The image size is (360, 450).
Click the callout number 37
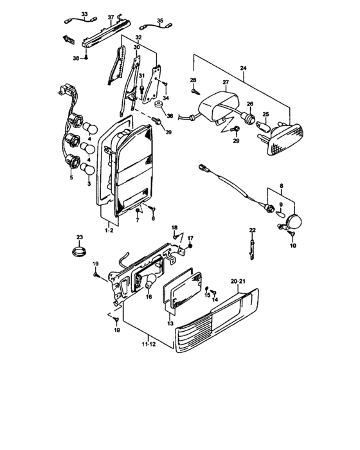111,17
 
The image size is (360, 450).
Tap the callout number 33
84,14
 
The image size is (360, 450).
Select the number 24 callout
243,68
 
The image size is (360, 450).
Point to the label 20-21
238,282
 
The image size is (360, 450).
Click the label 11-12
148,344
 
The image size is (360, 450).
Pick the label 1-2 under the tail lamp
109,230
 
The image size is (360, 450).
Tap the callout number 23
80,237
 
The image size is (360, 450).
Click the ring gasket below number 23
79,252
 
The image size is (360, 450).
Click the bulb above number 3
87,169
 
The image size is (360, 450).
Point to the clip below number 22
252,250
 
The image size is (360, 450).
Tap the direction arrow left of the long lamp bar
68,40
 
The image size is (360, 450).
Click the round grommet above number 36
159,104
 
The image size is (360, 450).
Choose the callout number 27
226,82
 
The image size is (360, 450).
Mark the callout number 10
293,246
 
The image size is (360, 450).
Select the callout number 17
190,238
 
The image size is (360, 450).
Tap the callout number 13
170,323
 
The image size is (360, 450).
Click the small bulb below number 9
280,214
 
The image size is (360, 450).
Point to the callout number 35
160,21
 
